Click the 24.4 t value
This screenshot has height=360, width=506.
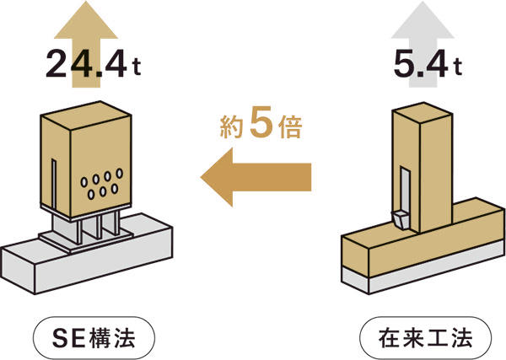click(94, 64)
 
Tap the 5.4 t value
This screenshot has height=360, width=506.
click(428, 64)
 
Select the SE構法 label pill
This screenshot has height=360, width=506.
click(94, 338)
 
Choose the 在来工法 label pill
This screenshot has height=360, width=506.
click(426, 338)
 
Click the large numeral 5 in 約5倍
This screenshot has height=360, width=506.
click(261, 124)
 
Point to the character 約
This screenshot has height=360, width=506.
click(231, 126)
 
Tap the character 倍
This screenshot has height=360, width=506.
click(290, 126)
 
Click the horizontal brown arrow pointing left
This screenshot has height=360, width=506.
click(256, 177)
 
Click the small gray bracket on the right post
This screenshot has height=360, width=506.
click(400, 220)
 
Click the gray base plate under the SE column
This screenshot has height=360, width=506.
click(86, 238)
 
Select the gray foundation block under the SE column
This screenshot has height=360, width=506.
click(86, 258)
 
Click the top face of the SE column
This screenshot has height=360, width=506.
click(86, 116)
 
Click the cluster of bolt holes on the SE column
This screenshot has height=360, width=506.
click(102, 183)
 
